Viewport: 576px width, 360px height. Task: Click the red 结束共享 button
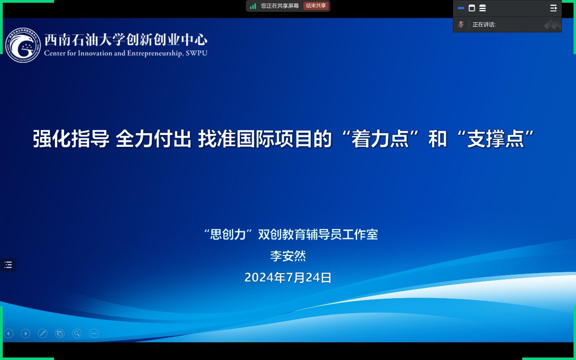(316, 5)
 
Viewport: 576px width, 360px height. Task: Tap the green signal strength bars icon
(253, 6)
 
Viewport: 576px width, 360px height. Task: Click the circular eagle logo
(23, 45)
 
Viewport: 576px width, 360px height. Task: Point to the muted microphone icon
(461, 25)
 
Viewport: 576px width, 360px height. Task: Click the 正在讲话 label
(484, 25)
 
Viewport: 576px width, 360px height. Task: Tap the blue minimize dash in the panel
(461, 8)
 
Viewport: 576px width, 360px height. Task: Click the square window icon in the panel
(472, 8)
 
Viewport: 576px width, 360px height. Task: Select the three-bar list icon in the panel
(483, 8)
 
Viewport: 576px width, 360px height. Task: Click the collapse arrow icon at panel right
(553, 8)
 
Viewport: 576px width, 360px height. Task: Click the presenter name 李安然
(288, 256)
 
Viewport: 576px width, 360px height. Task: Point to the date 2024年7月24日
(288, 277)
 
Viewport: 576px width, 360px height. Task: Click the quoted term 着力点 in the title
(380, 139)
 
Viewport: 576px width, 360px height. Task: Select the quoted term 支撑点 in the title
(495, 139)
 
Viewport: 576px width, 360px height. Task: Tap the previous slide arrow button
(9, 334)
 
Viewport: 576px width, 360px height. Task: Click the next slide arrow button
(25, 334)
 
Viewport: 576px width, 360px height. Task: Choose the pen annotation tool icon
(43, 334)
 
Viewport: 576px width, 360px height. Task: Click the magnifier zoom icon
(77, 334)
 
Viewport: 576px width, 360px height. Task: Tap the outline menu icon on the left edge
(8, 265)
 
